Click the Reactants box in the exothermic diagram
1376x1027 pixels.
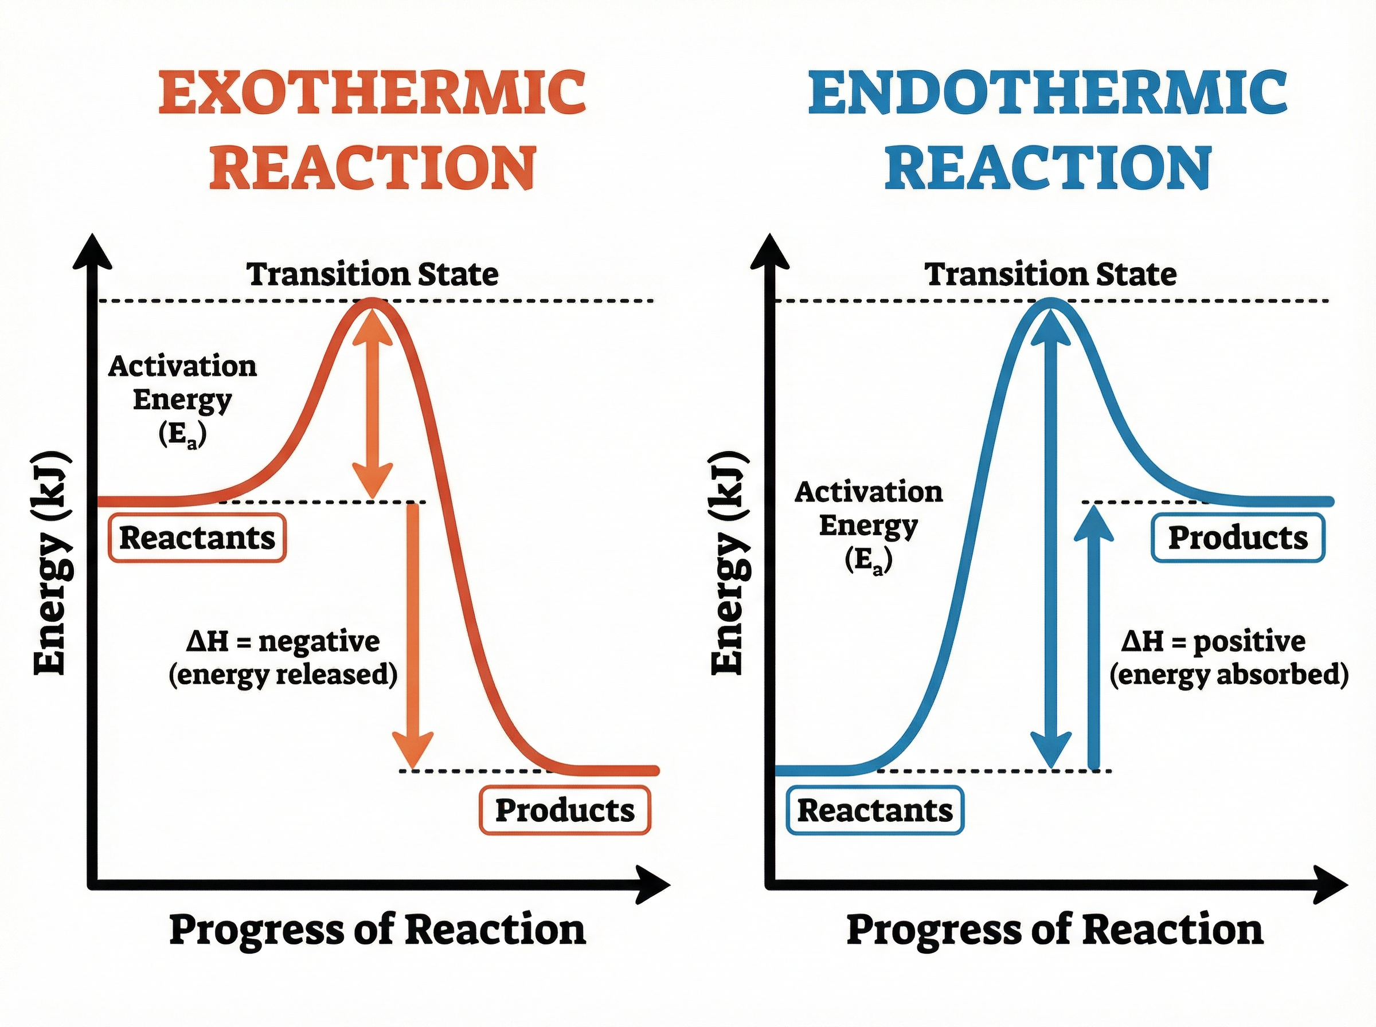pos(197,538)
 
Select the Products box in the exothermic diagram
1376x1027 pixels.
pos(565,810)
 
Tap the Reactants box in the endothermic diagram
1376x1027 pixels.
pos(875,810)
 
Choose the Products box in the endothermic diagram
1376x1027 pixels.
pos(1238,538)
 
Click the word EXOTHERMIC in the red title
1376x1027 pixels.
pos(373,93)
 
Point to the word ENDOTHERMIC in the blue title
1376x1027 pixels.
pos(1047,93)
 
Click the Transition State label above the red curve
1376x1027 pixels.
pos(373,274)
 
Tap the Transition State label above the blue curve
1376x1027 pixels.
pos(1050,274)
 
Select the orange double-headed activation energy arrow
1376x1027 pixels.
pos(373,404)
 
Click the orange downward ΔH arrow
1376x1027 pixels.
pos(412,634)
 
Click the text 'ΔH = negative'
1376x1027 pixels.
pos(283,641)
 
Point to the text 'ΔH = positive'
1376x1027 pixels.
pos(1213,641)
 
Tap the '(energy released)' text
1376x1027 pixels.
pos(283,675)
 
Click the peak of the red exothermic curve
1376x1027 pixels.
pos(372,302)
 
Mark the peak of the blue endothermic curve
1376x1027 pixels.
pos(1051,302)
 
